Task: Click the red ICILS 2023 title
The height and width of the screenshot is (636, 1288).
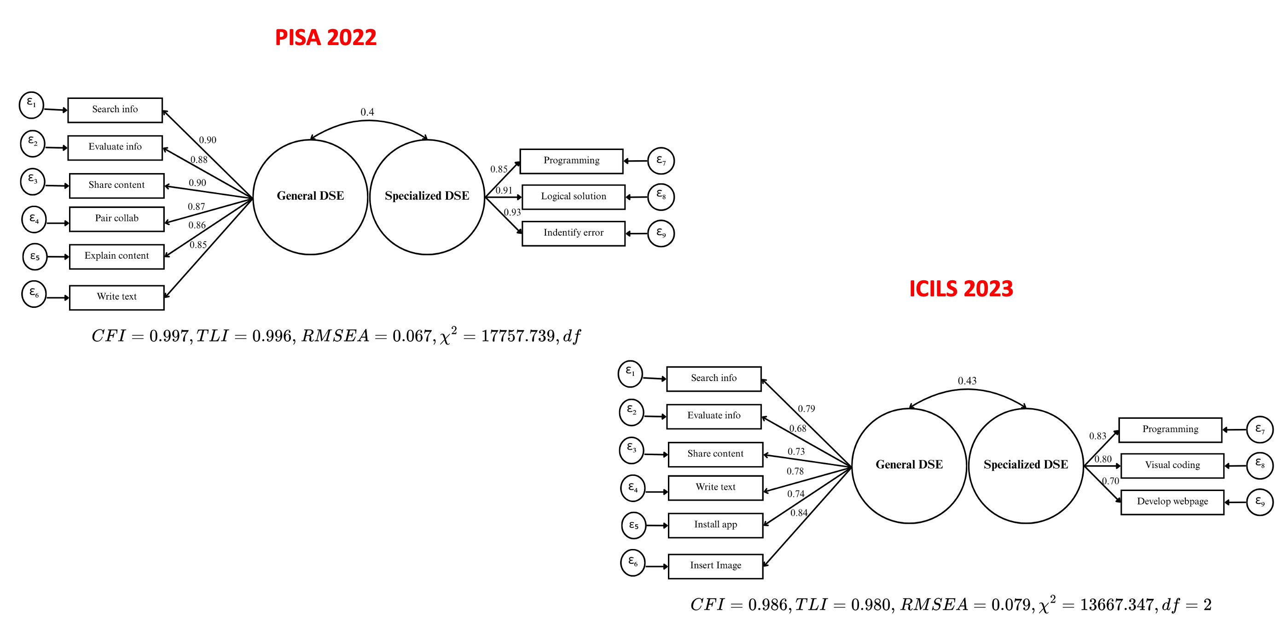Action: pyautogui.click(x=961, y=289)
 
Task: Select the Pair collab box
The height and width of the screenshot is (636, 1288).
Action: pyautogui.click(x=116, y=219)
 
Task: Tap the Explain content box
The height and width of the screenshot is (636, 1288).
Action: pyautogui.click(x=116, y=256)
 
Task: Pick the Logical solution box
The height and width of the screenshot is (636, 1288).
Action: pyautogui.click(x=573, y=197)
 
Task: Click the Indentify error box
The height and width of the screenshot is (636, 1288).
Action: pyautogui.click(x=573, y=233)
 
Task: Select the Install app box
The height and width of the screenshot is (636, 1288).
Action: pyautogui.click(x=715, y=525)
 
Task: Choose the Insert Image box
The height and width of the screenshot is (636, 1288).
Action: pyautogui.click(x=715, y=566)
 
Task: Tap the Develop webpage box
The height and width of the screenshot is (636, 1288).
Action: pyautogui.click(x=1172, y=502)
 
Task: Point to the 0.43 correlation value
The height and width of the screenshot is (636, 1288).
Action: pyautogui.click(x=967, y=381)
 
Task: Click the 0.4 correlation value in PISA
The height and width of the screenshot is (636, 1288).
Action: pyautogui.click(x=367, y=112)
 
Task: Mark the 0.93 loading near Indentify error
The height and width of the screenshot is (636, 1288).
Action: pyautogui.click(x=512, y=213)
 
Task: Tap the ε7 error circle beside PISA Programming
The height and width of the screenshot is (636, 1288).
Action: pyautogui.click(x=661, y=161)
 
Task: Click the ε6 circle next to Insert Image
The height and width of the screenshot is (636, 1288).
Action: pyautogui.click(x=632, y=562)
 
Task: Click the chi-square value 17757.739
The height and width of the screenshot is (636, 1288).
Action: pyautogui.click(x=518, y=336)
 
